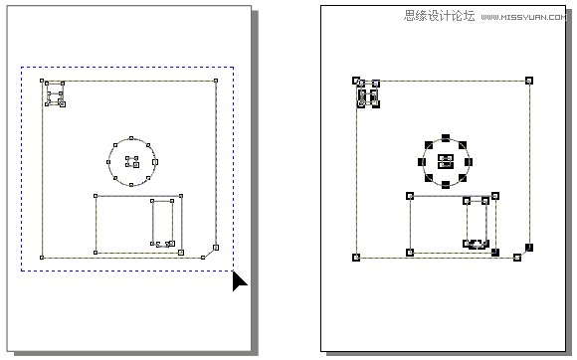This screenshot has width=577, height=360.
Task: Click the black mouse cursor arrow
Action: pyautogui.click(x=240, y=281)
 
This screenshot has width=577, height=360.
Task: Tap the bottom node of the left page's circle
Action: pyautogui.click(x=131, y=185)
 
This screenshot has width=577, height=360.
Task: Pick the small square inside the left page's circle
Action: pyautogui.click(x=130, y=161)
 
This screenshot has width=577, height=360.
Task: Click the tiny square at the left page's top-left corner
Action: pyautogui.click(x=55, y=95)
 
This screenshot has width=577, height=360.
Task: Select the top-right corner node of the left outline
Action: pyautogui.click(x=216, y=82)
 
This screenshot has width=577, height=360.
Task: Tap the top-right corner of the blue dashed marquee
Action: pyautogui.click(x=233, y=68)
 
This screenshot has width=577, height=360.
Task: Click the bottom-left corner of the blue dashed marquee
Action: pyautogui.click(x=22, y=270)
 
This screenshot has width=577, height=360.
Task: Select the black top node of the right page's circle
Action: pyautogui.click(x=446, y=138)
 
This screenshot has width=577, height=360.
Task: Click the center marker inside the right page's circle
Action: pyautogui.click(x=446, y=161)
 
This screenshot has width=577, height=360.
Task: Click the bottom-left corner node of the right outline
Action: pyautogui.click(x=355, y=258)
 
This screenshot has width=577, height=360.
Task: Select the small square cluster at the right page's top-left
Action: pyautogui.click(x=368, y=95)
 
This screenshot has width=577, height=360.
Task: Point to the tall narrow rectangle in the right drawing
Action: pyautogui.click(x=479, y=220)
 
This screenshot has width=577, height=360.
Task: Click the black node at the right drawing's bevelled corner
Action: pyautogui.click(x=529, y=247)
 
